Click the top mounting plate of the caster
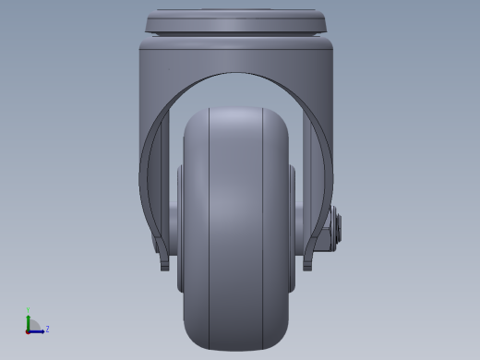point(237,20)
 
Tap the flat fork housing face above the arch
point(236,56)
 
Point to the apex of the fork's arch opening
point(236,74)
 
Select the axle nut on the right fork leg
point(338,225)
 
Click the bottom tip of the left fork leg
point(165,267)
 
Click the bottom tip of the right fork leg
point(307,267)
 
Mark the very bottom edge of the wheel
point(236,349)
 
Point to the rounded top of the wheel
point(236,110)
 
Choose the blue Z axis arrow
point(38,330)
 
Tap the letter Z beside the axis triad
point(47,329)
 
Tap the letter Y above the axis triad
point(28,311)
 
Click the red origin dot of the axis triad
point(28,330)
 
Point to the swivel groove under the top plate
point(236,35)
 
